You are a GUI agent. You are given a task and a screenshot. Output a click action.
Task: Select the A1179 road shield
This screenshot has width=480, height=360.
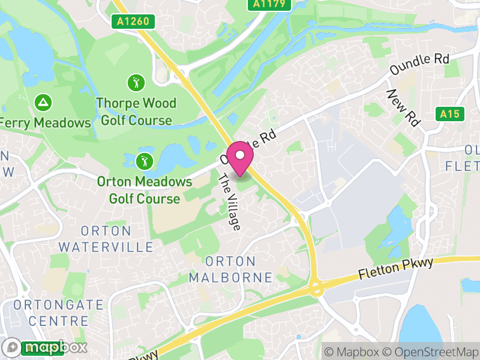tap(269, 4)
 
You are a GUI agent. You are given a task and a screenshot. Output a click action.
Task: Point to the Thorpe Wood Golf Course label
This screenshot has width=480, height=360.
tap(136, 112)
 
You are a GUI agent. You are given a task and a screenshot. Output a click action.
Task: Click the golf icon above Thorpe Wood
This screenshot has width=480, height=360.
tap(136, 82)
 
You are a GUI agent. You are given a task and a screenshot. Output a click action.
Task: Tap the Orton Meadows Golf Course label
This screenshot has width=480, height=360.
tap(145, 190)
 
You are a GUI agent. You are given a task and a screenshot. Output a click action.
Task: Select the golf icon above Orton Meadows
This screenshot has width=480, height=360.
tap(144, 161)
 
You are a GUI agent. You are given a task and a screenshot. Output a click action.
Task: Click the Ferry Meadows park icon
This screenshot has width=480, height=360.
tap(43, 103)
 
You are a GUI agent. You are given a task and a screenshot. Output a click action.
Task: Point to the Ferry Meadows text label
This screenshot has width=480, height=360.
tap(46, 123)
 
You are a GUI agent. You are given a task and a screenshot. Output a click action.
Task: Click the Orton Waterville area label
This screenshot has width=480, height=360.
tap(106, 239)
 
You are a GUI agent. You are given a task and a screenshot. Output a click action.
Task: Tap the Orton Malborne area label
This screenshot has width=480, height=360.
tap(230, 269)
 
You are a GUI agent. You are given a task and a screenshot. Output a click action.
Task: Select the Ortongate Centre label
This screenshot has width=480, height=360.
tap(58, 313)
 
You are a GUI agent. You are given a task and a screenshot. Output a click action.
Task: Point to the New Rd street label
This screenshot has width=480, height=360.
tap(403, 107)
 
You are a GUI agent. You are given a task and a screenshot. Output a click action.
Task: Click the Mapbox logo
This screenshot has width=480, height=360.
tap(45, 347)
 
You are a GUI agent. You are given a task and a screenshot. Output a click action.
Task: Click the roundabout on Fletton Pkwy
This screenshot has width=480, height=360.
tap(316, 289)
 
